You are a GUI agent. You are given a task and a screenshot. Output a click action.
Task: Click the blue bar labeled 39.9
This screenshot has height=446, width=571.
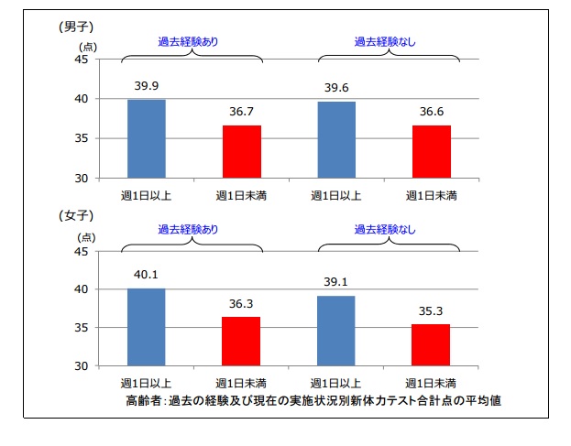(x=147, y=138)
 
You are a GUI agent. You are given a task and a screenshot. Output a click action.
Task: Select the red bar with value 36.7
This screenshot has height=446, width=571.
(x=242, y=151)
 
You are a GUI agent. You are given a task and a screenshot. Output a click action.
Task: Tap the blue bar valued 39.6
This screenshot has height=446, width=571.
(x=336, y=139)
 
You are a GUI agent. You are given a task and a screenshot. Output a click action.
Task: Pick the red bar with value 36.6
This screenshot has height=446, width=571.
(x=432, y=151)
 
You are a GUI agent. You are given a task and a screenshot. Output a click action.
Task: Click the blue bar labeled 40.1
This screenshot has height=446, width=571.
(x=147, y=327)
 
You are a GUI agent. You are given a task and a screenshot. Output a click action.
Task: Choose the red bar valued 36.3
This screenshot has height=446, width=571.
(x=242, y=342)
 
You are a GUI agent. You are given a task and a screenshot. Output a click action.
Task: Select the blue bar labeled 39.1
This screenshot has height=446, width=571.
(x=336, y=331)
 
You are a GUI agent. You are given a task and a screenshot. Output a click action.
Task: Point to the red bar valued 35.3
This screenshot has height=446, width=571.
(x=432, y=345)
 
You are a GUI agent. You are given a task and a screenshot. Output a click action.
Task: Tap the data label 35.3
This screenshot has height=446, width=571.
(x=432, y=311)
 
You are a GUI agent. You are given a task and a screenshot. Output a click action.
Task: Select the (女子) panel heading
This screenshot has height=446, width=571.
(x=77, y=217)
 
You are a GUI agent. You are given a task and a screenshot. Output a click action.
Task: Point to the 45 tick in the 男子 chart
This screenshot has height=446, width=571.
(x=81, y=60)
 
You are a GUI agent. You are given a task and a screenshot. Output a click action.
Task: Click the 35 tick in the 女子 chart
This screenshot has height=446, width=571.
(x=81, y=328)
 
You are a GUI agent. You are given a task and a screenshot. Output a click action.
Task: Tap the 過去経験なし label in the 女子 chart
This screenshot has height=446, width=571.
(x=385, y=230)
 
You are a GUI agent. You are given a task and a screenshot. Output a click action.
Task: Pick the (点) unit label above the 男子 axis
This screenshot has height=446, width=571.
(x=87, y=46)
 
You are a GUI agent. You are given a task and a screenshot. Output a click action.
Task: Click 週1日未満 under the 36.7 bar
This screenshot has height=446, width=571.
(x=242, y=195)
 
